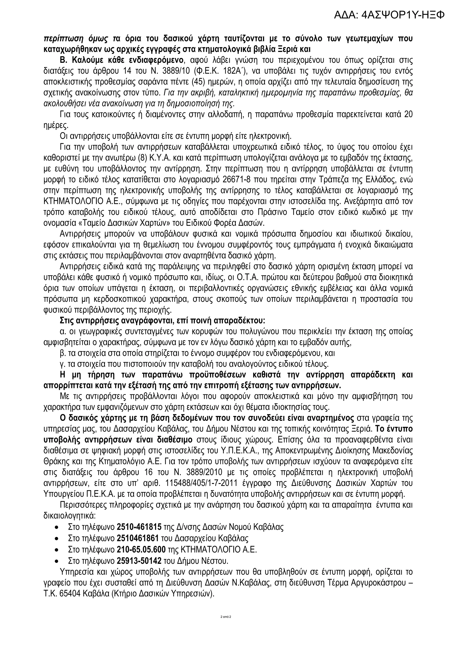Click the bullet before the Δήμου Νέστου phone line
click(57, 561)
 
